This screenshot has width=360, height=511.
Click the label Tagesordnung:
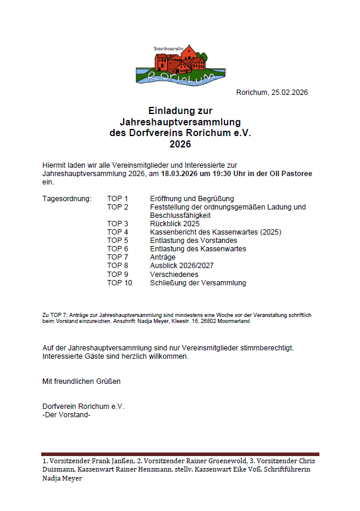click(67, 198)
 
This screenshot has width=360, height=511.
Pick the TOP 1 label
click(118, 198)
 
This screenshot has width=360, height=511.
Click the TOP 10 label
click(119, 282)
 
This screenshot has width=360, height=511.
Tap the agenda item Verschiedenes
click(174, 274)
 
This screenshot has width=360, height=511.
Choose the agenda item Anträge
click(163, 257)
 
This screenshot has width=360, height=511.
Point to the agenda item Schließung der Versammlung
click(198, 282)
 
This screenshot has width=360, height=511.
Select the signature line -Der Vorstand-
click(67, 414)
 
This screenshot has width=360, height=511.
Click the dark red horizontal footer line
click(180, 454)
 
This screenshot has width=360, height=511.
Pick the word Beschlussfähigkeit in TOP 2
click(180, 215)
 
